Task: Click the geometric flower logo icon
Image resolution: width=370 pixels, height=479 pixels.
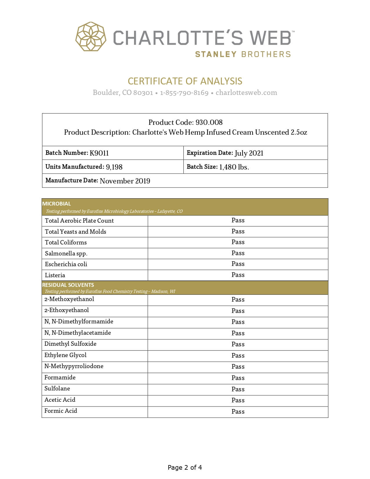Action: (91, 37)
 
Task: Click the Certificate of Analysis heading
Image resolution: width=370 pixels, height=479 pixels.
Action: (185, 81)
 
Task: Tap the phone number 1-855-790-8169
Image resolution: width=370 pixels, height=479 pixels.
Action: (184, 93)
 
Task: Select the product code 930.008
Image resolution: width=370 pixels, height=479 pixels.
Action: (209, 122)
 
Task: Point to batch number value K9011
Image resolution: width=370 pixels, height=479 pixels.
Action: (99, 153)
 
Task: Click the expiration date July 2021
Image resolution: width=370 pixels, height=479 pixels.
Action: (249, 153)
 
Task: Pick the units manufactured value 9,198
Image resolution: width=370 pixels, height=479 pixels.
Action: (114, 167)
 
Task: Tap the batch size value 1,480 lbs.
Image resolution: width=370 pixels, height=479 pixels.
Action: (234, 167)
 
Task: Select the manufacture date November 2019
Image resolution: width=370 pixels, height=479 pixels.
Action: (125, 181)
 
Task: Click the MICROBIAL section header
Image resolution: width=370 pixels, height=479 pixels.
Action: (57, 204)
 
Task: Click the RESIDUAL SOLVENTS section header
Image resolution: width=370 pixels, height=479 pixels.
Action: (68, 285)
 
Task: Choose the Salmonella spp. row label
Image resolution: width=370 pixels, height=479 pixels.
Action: (66, 253)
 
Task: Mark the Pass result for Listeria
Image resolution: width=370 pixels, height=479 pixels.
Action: (238, 275)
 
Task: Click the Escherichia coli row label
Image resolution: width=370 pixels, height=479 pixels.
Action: (66, 264)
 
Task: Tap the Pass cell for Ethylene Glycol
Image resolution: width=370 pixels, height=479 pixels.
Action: (238, 356)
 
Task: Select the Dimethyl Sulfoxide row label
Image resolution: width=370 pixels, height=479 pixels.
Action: (70, 344)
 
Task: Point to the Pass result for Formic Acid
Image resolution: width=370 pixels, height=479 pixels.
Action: (238, 412)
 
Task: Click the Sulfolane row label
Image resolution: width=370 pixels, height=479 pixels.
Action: (57, 388)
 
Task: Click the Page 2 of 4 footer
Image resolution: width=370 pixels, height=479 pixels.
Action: (185, 467)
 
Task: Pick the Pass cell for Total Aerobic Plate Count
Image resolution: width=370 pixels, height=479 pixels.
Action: (238, 220)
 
